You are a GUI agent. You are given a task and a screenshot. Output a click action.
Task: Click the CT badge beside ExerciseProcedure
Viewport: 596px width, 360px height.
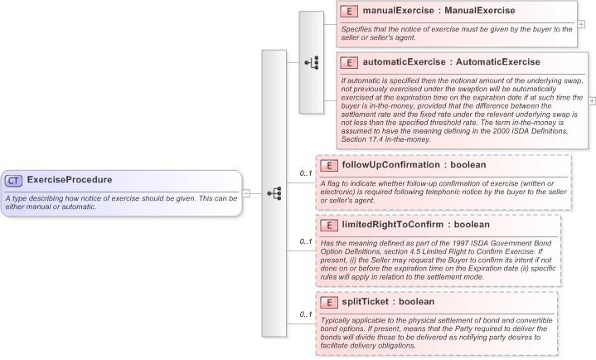[14, 180]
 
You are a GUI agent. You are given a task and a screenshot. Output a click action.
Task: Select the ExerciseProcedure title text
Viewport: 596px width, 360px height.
[70, 180]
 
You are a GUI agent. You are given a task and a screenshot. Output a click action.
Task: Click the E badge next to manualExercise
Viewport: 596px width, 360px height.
[350, 11]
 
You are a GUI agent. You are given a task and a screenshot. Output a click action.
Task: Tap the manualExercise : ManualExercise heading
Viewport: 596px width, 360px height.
[439, 11]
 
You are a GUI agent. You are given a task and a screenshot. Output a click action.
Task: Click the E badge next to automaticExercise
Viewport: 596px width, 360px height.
[350, 62]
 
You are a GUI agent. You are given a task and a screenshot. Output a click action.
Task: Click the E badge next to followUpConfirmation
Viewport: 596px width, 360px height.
[329, 166]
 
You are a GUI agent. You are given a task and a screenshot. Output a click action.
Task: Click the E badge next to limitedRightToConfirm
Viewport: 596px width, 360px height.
[329, 225]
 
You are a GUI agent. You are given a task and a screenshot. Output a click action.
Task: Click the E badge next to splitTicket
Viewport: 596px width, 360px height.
[329, 302]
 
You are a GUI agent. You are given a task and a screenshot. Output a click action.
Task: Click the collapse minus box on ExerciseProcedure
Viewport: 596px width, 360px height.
[246, 193]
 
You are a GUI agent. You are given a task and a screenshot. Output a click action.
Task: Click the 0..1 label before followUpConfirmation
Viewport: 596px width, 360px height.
[305, 173]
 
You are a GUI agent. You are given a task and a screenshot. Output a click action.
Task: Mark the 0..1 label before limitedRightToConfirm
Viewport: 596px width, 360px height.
[305, 242]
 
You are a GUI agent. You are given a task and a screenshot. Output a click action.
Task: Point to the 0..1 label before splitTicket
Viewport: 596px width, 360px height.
[305, 315]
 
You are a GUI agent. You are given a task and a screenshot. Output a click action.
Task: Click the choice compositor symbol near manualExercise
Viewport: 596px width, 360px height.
[312, 62]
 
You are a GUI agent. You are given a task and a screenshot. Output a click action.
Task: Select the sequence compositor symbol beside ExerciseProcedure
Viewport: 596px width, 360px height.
[274, 193]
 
